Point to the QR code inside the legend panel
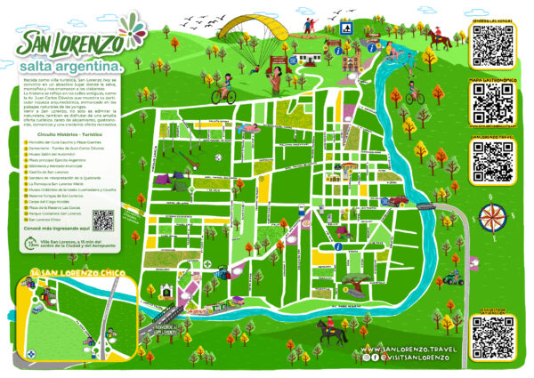(x=103, y=220)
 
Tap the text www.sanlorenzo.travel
(x=409, y=350)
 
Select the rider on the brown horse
(x=436, y=38)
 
